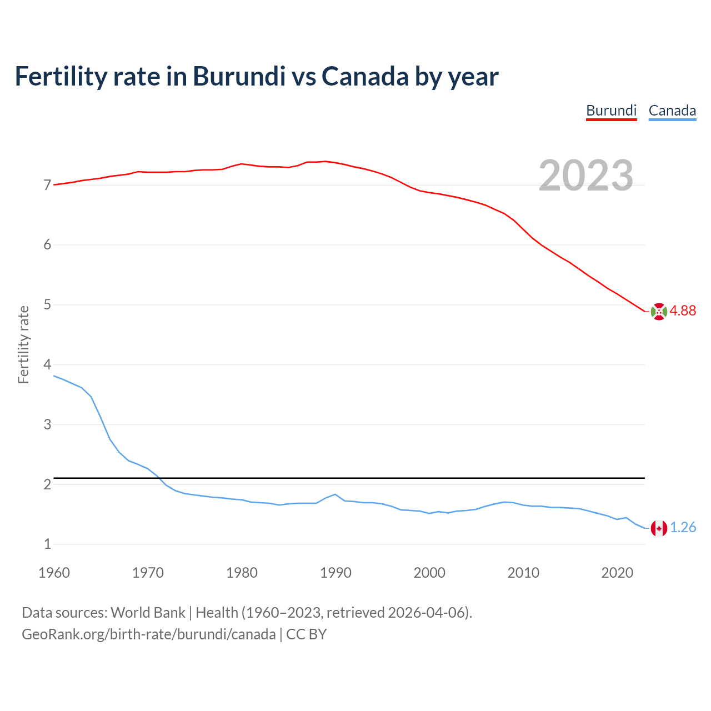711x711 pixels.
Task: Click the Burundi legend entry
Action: coord(611,111)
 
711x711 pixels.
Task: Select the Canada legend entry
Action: coord(672,111)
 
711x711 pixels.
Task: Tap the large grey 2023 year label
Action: coord(586,176)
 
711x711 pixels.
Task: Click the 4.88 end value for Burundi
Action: coord(683,311)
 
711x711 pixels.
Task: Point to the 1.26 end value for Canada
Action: coord(683,528)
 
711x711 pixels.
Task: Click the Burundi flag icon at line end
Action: coord(659,312)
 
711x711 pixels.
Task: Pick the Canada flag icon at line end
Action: coord(659,528)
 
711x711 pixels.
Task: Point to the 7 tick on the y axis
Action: coord(47,185)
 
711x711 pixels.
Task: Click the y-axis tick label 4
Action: coord(47,365)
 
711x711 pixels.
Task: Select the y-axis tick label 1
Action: coord(47,544)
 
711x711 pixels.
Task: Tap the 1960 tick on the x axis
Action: coord(54,573)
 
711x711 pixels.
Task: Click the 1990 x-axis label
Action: coord(336,573)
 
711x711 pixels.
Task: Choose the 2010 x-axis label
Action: coord(523,573)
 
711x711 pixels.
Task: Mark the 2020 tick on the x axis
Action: coord(617,573)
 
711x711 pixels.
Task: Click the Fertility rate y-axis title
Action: coord(23,344)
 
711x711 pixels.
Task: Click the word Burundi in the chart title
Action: coord(239,76)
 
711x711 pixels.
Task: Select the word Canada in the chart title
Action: coord(365,76)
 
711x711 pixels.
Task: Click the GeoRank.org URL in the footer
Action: coord(148,634)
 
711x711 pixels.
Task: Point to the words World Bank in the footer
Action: coord(148,613)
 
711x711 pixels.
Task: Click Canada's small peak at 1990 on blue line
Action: coord(335,494)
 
